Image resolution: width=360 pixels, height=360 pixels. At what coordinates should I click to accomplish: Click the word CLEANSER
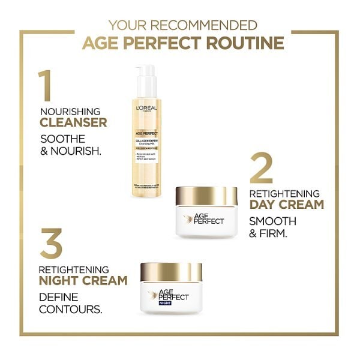pyautogui.click(x=73, y=123)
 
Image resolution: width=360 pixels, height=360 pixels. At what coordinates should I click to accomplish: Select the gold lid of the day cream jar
pyautogui.click(x=206, y=196)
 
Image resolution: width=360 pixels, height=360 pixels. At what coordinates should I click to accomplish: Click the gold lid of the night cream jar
pyautogui.click(x=171, y=271)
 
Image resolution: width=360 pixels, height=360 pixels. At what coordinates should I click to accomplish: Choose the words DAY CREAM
pyautogui.click(x=286, y=205)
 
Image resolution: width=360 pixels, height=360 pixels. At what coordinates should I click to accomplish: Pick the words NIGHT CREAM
pyautogui.click(x=83, y=280)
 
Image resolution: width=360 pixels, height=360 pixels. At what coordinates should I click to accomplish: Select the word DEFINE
pyautogui.click(x=59, y=296)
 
